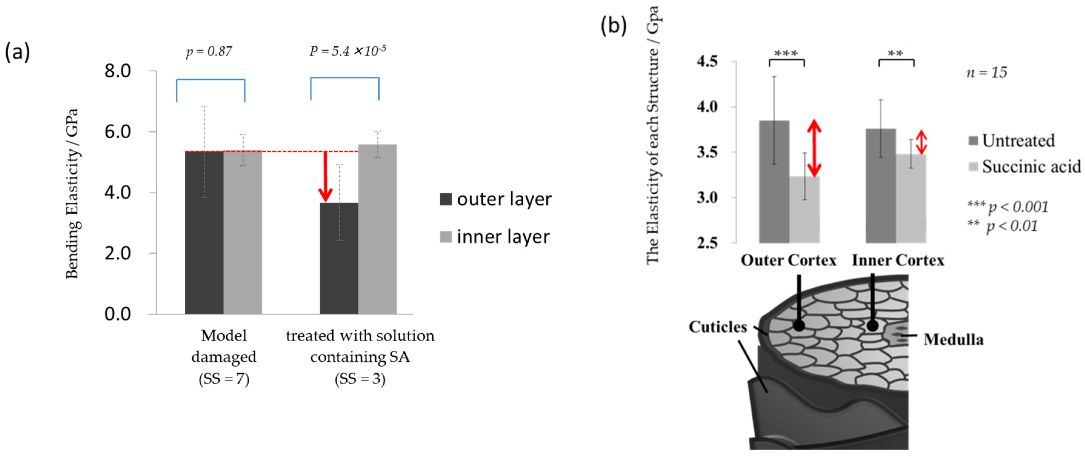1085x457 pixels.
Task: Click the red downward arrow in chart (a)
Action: [x=325, y=177]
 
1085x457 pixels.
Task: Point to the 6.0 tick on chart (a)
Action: [x=118, y=132]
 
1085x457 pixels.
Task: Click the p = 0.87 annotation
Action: [x=209, y=52]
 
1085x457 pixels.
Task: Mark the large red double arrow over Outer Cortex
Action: [x=815, y=148]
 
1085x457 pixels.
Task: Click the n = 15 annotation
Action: [x=987, y=73]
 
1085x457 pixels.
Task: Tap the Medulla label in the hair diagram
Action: [x=954, y=339]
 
